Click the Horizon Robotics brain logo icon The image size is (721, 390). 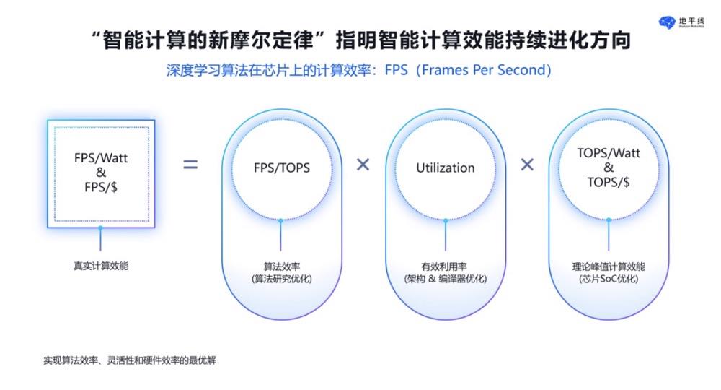pos(667,22)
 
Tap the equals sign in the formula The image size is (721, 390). pos(190,165)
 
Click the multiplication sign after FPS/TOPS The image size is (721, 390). pos(363,165)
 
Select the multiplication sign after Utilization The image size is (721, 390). pos(527,165)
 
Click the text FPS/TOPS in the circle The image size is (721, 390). pos(281,168)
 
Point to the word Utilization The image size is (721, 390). pos(445,168)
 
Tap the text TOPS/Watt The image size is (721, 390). pos(609,153)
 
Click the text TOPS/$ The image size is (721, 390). pos(609,182)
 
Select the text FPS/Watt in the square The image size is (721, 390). pos(101,158)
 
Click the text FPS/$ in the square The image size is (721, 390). pos(101,187)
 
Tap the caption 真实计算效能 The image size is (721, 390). pos(101,266)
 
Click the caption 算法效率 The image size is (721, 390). pos(281,266)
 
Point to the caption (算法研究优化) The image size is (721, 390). pos(281,279)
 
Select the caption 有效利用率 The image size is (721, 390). pos(444,266)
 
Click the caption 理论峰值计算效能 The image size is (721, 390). pos(609,266)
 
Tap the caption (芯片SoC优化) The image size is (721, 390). pos(609,279)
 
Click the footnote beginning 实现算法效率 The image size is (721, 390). pos(130,360)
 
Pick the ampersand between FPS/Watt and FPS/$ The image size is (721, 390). pos(101,172)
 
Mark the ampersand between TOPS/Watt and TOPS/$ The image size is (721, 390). pos(609,168)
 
